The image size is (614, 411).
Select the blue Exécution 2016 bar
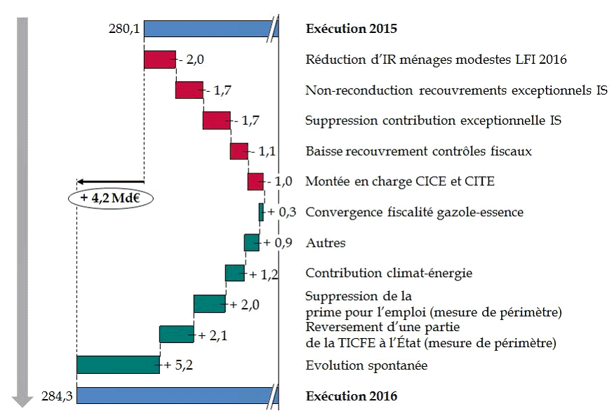[x=175, y=396]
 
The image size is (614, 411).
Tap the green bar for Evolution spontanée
[x=118, y=365]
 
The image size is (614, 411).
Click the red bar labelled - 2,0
[x=159, y=60]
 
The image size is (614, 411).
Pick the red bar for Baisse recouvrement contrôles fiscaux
[x=239, y=151]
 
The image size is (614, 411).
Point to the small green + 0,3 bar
[x=261, y=212]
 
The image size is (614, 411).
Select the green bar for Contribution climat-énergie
[x=234, y=273]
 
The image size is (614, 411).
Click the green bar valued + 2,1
[x=176, y=335]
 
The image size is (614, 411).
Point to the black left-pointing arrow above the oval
[x=109, y=181]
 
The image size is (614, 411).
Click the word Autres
[x=326, y=243]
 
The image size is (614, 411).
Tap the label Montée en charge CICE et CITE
[x=400, y=182]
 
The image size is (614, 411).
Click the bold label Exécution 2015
[x=352, y=29]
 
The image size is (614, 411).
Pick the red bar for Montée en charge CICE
[x=255, y=181]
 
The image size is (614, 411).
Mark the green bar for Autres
[x=251, y=243]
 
